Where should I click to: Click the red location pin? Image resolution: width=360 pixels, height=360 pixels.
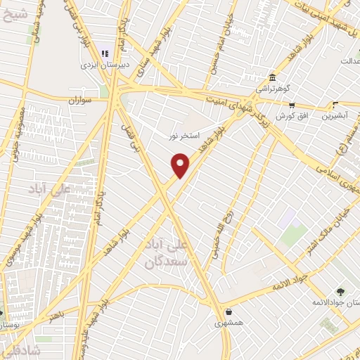point(181,165)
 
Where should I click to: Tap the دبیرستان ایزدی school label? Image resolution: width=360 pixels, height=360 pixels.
point(105,63)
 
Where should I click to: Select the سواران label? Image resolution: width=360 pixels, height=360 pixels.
point(80,101)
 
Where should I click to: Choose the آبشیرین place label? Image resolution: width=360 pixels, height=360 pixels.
point(335,116)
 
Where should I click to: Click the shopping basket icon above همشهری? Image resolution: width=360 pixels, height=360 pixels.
point(228,312)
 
